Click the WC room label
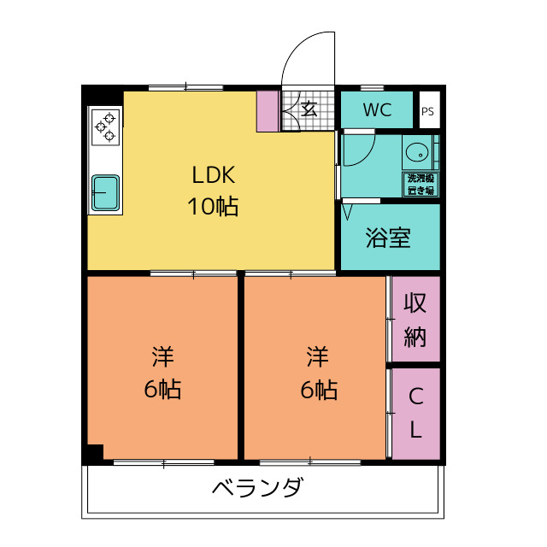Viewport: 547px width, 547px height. point(377,110)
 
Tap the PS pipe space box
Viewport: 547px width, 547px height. point(427,111)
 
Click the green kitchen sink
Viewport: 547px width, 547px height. point(106,191)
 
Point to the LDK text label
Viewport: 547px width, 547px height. point(213,176)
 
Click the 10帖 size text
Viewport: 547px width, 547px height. point(213,206)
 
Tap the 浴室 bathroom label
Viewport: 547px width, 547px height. point(388,238)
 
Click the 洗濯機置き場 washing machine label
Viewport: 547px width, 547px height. point(421,184)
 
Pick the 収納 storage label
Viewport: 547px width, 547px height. point(415,319)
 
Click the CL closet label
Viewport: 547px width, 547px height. point(415,413)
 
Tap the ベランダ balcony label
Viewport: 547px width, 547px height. point(256,489)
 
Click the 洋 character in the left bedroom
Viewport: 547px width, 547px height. point(162,355)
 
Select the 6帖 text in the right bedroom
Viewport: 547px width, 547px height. point(318,390)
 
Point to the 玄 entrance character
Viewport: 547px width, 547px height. point(309,109)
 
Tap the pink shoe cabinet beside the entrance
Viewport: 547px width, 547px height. point(268,110)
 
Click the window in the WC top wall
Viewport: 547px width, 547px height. point(373,88)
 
